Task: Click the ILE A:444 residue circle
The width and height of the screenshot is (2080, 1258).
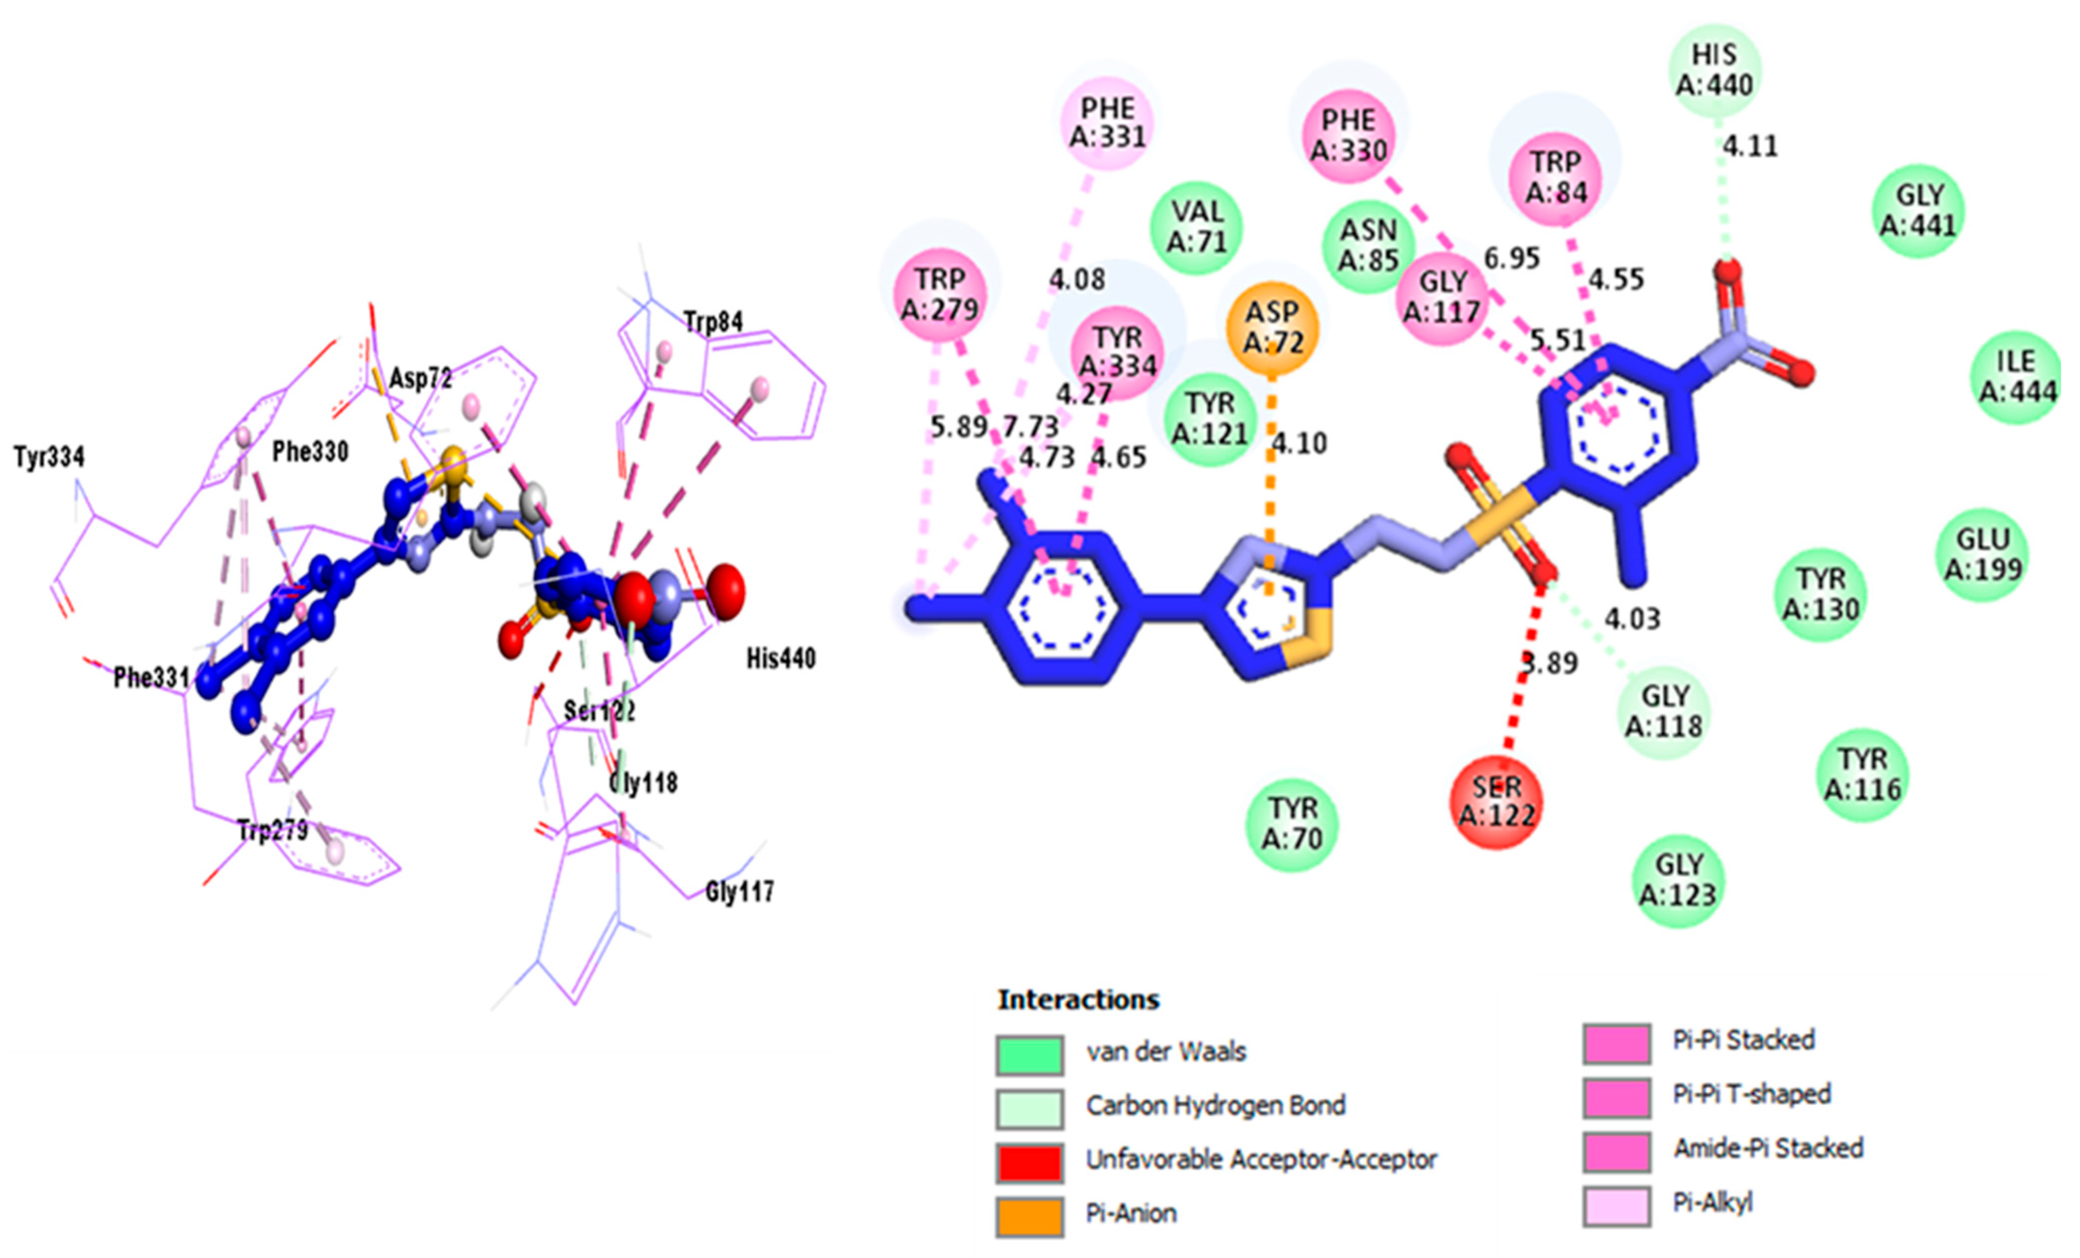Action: click(2017, 376)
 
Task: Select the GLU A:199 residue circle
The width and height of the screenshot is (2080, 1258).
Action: click(1983, 554)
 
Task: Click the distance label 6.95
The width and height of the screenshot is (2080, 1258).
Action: click(1512, 258)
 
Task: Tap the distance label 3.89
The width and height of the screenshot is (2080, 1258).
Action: click(1550, 664)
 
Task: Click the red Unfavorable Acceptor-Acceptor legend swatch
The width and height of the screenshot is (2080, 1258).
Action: click(1029, 1162)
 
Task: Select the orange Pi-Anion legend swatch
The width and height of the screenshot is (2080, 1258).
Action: click(1029, 1216)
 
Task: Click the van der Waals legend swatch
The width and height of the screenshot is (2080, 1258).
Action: click(1029, 1055)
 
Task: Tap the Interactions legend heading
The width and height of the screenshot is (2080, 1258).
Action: click(1078, 1000)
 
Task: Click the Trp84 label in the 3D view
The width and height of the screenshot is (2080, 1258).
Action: click(713, 322)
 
